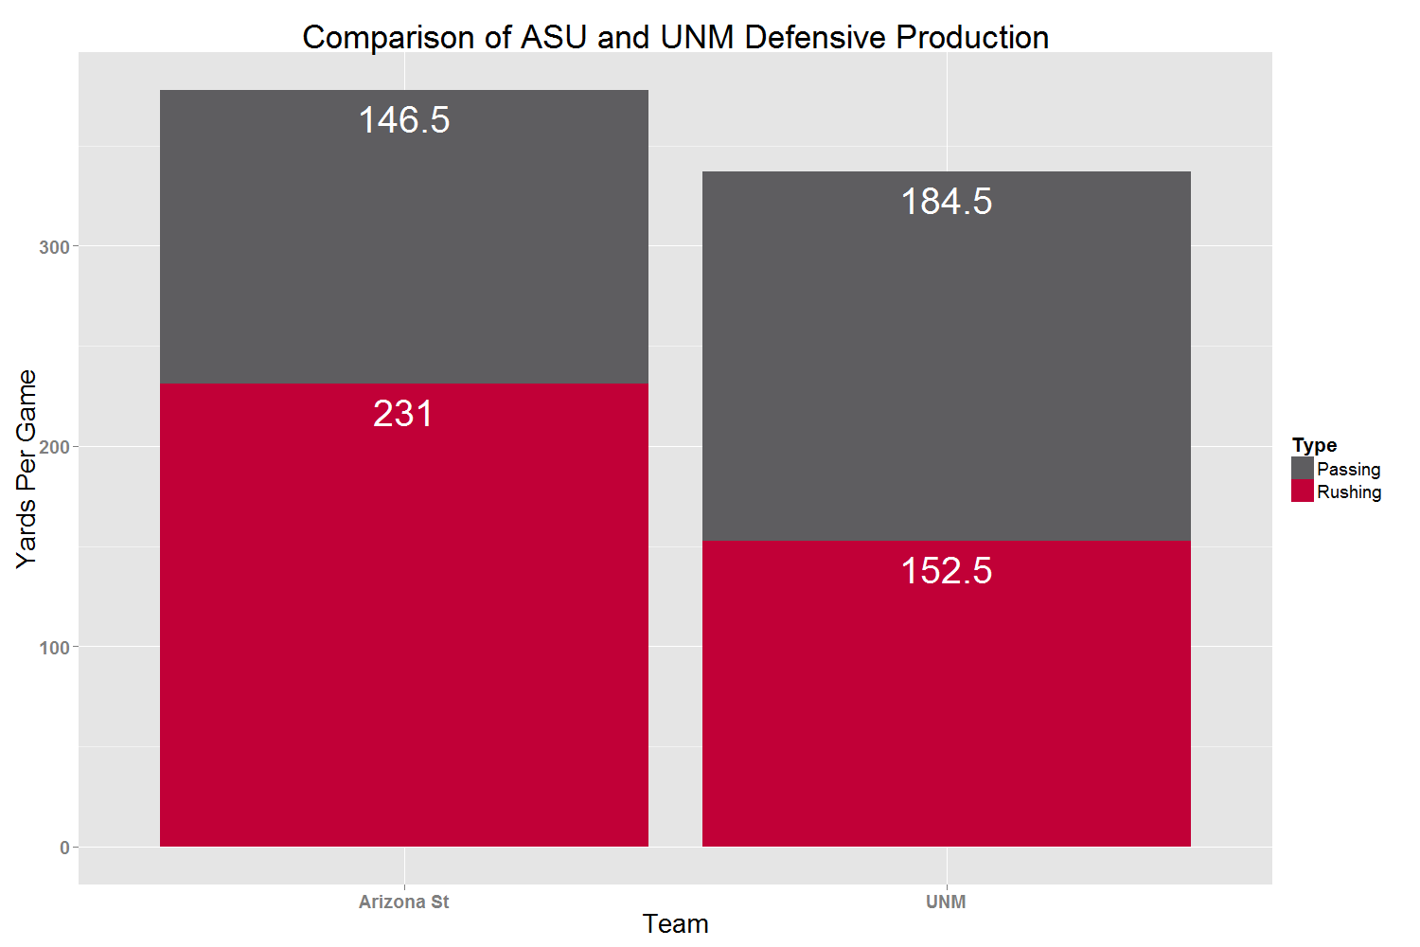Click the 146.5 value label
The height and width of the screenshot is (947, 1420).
pos(404,120)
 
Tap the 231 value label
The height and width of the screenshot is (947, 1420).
pos(403,414)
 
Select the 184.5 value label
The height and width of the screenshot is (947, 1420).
pos(947,201)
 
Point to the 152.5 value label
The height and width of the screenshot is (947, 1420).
pos(947,571)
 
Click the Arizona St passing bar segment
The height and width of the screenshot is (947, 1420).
pos(404,237)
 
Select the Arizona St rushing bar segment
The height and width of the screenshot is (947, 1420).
pos(404,616)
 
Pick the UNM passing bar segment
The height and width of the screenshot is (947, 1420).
pos(947,356)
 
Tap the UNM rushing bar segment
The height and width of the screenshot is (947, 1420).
pos(947,694)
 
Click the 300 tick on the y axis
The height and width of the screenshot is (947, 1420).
pos(54,247)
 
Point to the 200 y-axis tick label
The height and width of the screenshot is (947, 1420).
pos(54,447)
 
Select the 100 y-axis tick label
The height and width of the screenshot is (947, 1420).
pos(54,648)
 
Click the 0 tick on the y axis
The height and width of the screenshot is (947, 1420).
pos(64,849)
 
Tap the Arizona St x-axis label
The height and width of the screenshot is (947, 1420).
pos(404,902)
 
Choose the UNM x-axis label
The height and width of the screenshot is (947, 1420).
pos(946,902)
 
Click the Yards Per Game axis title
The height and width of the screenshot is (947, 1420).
pos(27,470)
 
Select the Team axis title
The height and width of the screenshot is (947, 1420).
pos(675,924)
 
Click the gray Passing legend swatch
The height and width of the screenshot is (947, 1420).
pos(1302,469)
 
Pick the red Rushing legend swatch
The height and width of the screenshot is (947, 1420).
pos(1302,491)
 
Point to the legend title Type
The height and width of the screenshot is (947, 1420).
pos(1314,446)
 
